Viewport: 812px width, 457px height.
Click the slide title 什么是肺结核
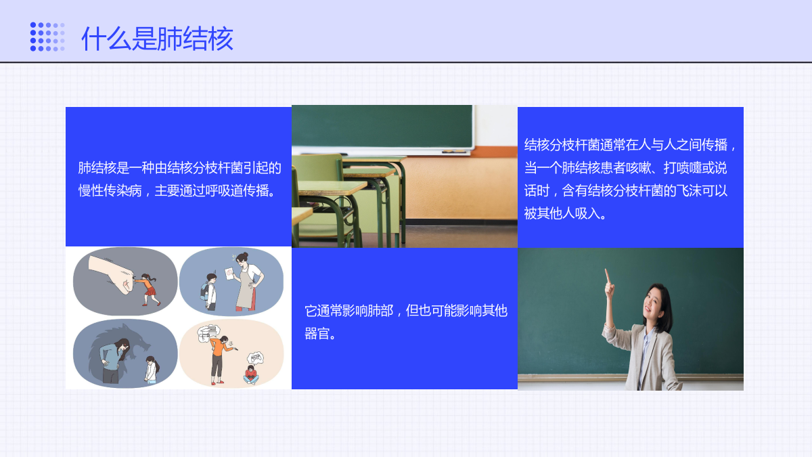tap(157, 39)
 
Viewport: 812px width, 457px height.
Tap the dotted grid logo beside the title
tap(47, 37)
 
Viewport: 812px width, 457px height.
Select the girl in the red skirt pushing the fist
tap(148, 289)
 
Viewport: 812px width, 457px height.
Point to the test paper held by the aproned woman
tap(229, 274)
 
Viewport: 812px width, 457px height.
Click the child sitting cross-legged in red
tap(251, 374)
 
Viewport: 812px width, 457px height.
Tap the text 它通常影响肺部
tap(348, 311)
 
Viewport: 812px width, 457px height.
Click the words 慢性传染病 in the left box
tap(110, 190)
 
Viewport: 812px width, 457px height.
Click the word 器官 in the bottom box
tap(317, 334)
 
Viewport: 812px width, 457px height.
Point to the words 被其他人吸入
tap(562, 213)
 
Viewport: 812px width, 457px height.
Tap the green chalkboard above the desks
tap(382, 126)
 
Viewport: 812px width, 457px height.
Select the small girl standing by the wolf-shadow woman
tap(152, 370)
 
